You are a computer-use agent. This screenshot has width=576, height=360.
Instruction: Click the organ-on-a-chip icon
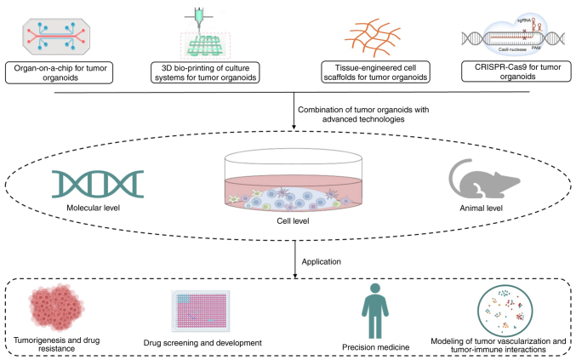point(56,37)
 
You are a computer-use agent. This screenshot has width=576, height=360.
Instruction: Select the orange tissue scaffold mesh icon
point(372,37)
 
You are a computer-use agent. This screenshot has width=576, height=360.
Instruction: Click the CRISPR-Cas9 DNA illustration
point(513,35)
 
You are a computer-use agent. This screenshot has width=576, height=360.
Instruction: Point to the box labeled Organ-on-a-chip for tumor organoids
point(60,72)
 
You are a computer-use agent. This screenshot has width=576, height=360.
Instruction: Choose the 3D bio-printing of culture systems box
point(205,72)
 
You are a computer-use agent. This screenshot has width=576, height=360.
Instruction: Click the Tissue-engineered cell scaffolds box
point(375,72)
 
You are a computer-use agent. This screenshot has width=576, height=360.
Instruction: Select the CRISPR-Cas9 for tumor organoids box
point(516,71)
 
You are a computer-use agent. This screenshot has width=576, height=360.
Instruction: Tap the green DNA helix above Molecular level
point(98,184)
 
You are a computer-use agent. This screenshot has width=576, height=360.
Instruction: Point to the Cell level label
point(293,220)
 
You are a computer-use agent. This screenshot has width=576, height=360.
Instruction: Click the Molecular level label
point(94,208)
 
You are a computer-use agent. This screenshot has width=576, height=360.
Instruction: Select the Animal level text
point(482,209)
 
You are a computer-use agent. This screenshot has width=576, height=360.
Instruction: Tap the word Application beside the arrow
point(322,262)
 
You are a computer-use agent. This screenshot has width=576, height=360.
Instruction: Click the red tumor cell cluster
point(56,307)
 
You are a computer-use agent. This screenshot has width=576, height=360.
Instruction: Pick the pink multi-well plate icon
point(201,311)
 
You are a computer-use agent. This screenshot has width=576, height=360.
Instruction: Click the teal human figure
point(375,311)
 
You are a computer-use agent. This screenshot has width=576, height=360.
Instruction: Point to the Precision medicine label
point(376,347)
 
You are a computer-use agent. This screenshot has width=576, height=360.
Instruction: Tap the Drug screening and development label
point(202,343)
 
